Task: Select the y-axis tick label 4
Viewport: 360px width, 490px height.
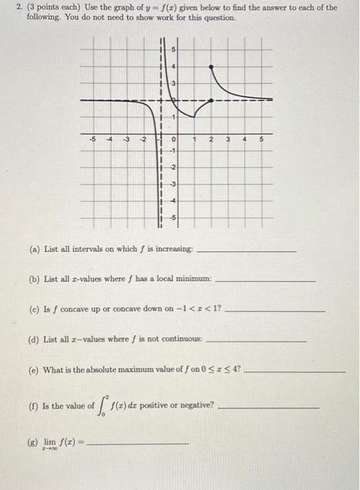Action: (x=174, y=66)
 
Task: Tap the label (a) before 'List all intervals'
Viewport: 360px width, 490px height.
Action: (x=34, y=249)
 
